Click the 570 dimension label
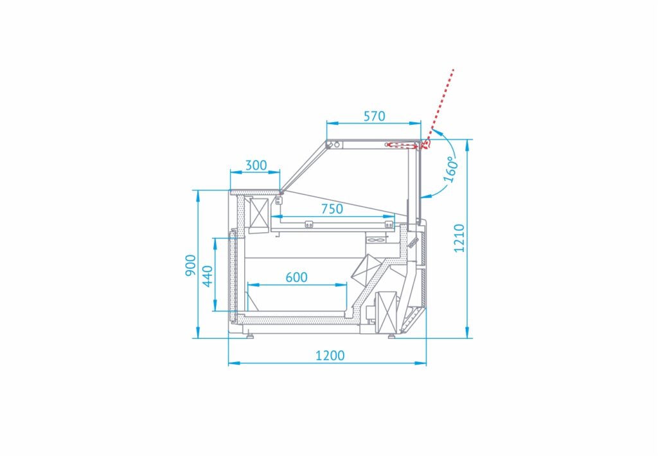(374, 116)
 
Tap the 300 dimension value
(256, 165)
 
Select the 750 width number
(332, 208)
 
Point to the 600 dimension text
(296, 277)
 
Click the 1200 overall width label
(330, 356)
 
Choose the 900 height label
(191, 266)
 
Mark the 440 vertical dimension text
(208, 277)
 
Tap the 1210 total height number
(459, 238)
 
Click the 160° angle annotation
(450, 169)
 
